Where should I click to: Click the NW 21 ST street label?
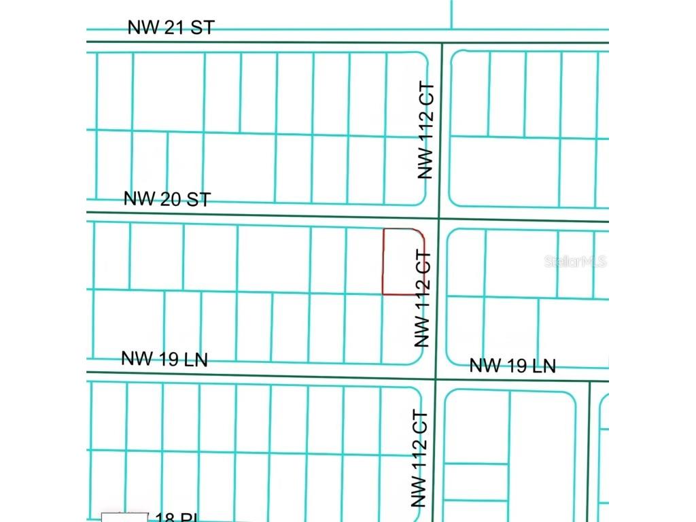[171, 28]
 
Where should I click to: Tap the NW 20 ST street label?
[167, 199]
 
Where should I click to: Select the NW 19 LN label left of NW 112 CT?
[164, 359]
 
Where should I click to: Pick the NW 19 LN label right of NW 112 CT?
[512, 366]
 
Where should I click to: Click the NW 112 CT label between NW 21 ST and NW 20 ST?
[425, 135]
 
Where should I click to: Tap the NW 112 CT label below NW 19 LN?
[420, 459]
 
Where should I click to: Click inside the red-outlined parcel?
[402, 262]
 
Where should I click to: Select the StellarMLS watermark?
[575, 262]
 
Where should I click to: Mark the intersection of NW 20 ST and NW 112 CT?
[440, 219]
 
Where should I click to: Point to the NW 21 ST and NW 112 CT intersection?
[442, 43]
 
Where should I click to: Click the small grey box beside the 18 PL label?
[125, 517]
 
